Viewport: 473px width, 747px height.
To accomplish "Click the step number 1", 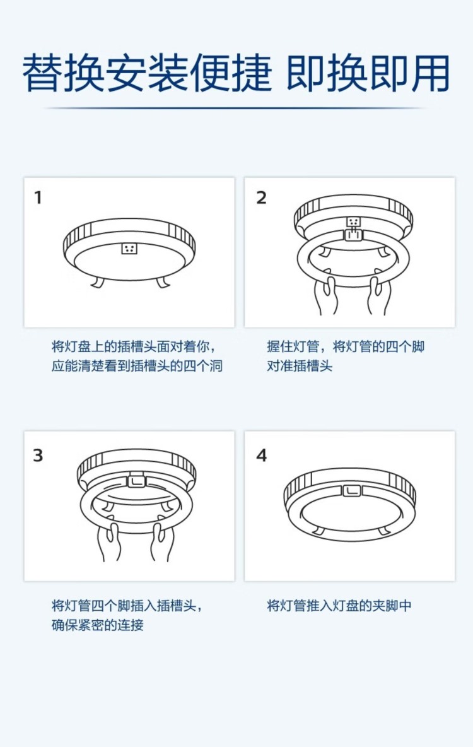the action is pyautogui.click(x=38, y=197).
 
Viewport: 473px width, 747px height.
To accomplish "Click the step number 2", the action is pyautogui.click(x=261, y=197).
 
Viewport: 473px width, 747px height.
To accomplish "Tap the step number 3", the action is pyautogui.click(x=38, y=456).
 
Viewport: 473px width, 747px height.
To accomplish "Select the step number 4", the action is pyautogui.click(x=262, y=456).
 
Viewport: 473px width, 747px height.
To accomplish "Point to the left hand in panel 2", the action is pyautogui.click(x=326, y=295).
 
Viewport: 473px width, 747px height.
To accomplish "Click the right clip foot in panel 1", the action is pyautogui.click(x=161, y=281).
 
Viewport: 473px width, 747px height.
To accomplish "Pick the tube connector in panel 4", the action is pyautogui.click(x=352, y=491).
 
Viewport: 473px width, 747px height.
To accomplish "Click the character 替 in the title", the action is pyautogui.click(x=43, y=74).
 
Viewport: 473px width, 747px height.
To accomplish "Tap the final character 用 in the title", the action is pyautogui.click(x=430, y=74).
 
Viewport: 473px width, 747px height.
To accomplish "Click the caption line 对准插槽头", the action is pyautogui.click(x=299, y=366).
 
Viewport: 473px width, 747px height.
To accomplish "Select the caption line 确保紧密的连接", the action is pyautogui.click(x=98, y=625).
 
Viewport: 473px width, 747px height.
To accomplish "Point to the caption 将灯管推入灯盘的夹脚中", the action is pyautogui.click(x=339, y=606).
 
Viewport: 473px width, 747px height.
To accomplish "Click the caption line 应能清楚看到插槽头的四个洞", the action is pyautogui.click(x=137, y=366).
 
